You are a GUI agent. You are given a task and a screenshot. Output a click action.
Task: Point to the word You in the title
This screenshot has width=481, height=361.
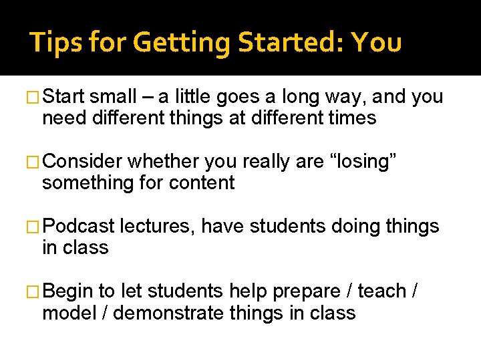pyautogui.click(x=377, y=43)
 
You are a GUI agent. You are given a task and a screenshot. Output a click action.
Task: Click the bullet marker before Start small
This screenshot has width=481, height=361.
pyautogui.click(x=34, y=98)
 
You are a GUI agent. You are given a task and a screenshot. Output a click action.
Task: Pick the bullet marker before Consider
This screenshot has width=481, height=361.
pyautogui.click(x=34, y=162)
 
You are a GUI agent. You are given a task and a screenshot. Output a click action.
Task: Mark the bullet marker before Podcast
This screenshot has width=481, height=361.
pyautogui.click(x=34, y=227)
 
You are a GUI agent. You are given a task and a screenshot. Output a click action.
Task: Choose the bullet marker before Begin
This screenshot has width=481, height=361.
pyautogui.click(x=34, y=291)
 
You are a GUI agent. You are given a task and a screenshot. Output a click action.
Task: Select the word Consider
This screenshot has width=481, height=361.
pyautogui.click(x=83, y=162)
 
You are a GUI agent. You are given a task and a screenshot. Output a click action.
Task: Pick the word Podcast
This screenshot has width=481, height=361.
pyautogui.click(x=78, y=227)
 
